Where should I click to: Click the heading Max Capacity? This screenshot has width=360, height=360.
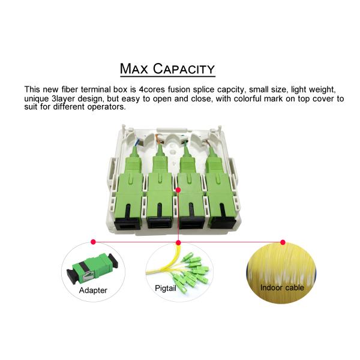(x=167, y=68)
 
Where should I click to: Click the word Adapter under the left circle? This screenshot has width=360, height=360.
(x=93, y=290)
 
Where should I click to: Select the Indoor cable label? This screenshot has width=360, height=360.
(x=282, y=287)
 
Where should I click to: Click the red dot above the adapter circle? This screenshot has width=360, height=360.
(x=93, y=242)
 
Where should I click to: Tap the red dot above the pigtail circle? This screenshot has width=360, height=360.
(x=178, y=242)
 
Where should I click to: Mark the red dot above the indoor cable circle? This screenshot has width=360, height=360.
(x=282, y=242)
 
